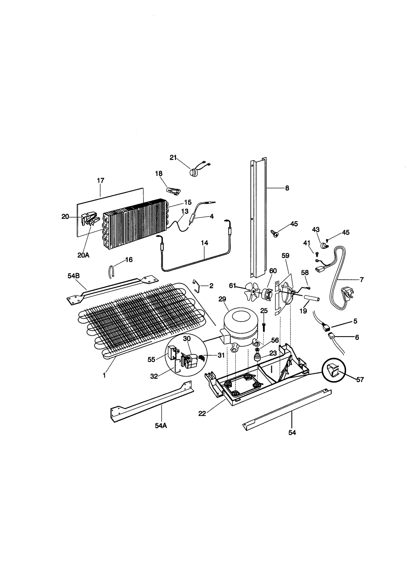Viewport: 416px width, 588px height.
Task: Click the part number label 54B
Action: [x=73, y=276]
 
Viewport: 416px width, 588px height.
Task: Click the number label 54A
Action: [x=161, y=426]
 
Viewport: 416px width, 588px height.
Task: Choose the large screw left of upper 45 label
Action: [x=274, y=233]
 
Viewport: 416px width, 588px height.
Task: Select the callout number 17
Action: [x=100, y=180]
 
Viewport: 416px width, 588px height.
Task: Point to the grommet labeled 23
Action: [x=257, y=358]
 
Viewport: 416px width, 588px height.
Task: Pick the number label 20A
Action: [x=83, y=255]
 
